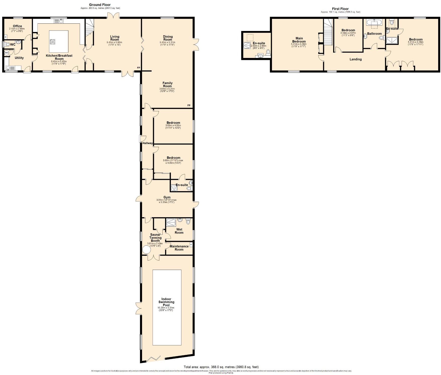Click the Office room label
[x=17, y=26]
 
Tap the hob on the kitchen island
[x=53, y=42]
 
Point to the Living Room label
[x=114, y=38]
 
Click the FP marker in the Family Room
[x=189, y=105]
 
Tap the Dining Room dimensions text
[x=167, y=44]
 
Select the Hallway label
[x=147, y=143]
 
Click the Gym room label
[x=167, y=197]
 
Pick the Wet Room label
[x=179, y=231]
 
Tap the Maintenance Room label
[x=179, y=248]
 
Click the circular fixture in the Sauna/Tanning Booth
[x=146, y=250]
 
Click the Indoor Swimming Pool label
[x=166, y=302]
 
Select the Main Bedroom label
[x=299, y=40]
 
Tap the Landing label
[x=356, y=59]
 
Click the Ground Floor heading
[x=100, y=5]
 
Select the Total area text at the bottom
[x=221, y=367]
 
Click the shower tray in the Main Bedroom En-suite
[x=247, y=45]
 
